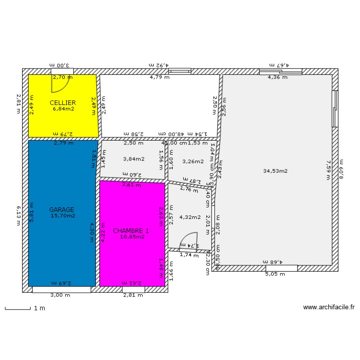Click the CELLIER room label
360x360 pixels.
point(63,103)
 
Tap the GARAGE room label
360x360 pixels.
point(62,210)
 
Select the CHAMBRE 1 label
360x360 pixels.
point(131,231)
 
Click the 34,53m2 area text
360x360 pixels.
point(276,170)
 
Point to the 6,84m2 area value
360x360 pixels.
point(63,109)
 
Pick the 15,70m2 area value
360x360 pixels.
point(63,216)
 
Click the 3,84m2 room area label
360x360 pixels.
point(133,159)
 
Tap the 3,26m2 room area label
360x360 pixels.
point(193,161)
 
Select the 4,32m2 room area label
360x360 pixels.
point(190,217)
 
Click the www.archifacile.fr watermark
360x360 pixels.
point(329,308)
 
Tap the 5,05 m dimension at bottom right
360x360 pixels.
point(275,275)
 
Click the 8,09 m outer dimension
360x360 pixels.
point(341,169)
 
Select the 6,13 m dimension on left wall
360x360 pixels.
point(19,214)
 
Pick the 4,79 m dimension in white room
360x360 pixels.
point(159,77)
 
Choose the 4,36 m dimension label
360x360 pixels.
point(277,77)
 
